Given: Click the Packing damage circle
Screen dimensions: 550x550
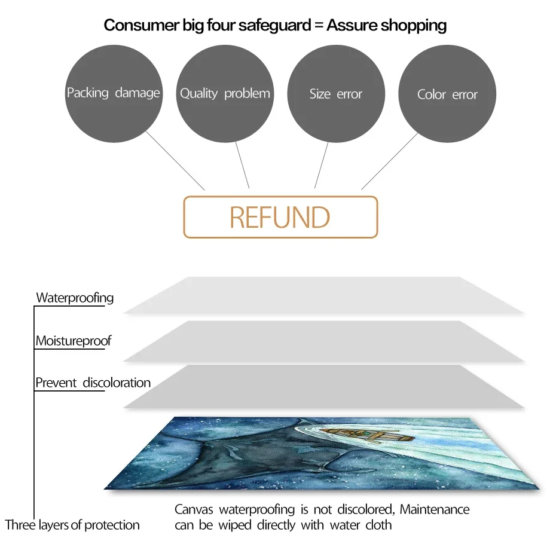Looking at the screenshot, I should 114,93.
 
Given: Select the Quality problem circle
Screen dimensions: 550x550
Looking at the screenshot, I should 225,93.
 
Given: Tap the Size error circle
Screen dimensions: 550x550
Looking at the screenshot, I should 336,94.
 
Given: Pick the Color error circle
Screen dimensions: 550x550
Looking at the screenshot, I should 447,94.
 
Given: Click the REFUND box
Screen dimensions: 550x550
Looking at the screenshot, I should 280,217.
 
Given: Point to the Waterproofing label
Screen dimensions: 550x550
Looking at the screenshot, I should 75,298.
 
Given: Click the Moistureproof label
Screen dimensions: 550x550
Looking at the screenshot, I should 73,341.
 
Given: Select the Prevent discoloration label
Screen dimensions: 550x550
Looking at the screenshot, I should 93,383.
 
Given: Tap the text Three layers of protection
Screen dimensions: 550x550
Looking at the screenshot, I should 72,525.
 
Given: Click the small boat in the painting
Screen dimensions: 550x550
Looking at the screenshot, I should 391,435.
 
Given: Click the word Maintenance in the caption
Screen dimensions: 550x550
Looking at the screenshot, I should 435,510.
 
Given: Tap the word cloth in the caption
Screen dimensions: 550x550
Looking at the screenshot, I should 378,525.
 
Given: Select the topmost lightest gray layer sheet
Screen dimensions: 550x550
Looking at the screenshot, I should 323,295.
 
